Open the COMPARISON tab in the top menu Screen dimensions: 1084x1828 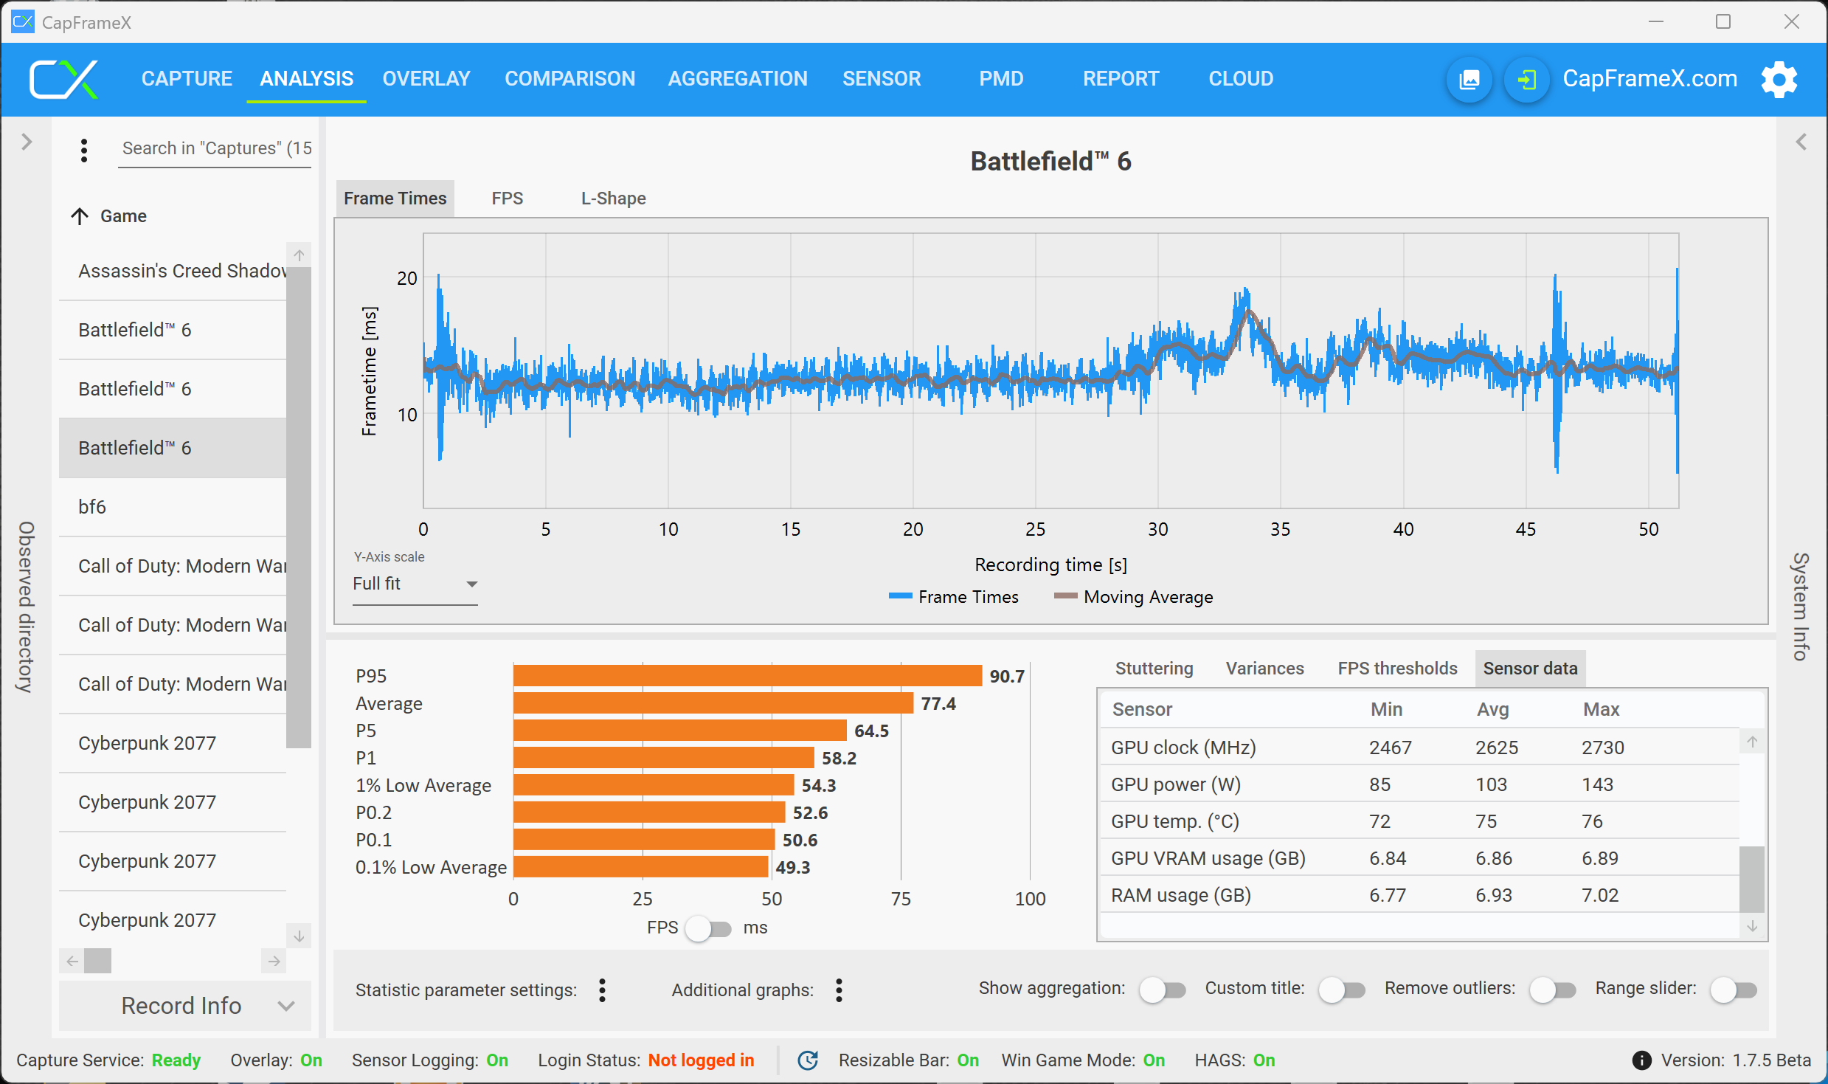(x=569, y=78)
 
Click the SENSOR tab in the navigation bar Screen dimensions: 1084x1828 (x=882, y=78)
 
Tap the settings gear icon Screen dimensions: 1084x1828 (x=1779, y=79)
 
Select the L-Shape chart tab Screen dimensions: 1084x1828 (x=613, y=198)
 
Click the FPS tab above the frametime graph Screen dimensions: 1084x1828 (x=507, y=198)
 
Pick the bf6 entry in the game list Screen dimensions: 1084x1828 (x=92, y=507)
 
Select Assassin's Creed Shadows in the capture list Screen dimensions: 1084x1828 (x=181, y=271)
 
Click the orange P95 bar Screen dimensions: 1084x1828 (x=747, y=676)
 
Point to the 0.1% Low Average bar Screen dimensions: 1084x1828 (x=640, y=867)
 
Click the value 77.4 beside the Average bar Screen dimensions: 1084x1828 (x=938, y=704)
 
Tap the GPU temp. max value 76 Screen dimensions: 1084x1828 (x=1592, y=821)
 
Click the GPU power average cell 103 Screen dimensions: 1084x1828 (x=1491, y=784)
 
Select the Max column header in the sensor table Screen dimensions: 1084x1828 (x=1601, y=709)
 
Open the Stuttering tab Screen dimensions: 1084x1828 (x=1154, y=669)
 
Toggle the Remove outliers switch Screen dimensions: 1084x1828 (x=1552, y=990)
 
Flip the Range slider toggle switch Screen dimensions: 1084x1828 (x=1734, y=990)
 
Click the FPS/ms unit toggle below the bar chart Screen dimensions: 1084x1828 (x=707, y=928)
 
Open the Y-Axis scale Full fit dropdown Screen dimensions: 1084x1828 (x=415, y=584)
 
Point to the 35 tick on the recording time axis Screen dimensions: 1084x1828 (x=1280, y=529)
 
